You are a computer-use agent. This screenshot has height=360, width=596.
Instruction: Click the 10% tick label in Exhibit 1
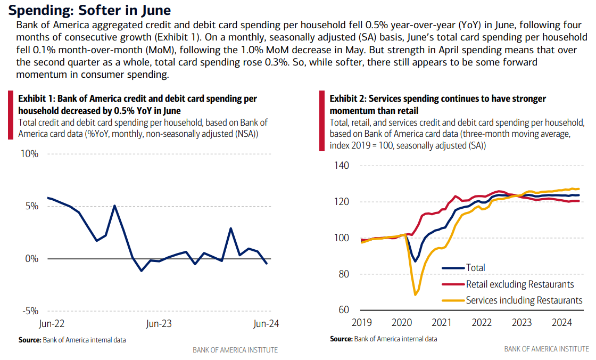pyautogui.click(x=30, y=154)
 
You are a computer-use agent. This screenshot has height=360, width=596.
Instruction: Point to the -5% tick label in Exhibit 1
pyautogui.click(x=29, y=311)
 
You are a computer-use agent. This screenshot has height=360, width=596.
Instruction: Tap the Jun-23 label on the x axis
pyautogui.click(x=159, y=323)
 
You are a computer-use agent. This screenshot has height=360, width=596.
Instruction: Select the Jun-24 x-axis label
pyautogui.click(x=266, y=323)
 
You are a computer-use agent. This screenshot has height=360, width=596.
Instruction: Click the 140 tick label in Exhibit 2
pyautogui.click(x=342, y=166)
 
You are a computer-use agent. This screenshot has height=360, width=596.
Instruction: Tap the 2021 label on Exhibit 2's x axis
pyautogui.click(x=442, y=322)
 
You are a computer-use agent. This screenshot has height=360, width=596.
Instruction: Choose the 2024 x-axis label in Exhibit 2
pyautogui.click(x=562, y=322)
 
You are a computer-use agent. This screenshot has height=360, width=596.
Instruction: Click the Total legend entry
pyautogui.click(x=475, y=268)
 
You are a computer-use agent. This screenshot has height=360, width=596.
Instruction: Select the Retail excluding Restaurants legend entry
pyautogui.click(x=520, y=284)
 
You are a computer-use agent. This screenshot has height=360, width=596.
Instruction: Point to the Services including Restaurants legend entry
pyautogui.click(x=524, y=300)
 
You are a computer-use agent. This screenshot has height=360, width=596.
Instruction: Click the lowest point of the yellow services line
pyautogui.click(x=415, y=294)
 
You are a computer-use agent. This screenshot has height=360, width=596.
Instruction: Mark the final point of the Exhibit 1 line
pyautogui.click(x=266, y=263)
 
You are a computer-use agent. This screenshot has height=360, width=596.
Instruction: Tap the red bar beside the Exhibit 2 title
pyautogui.click(x=321, y=120)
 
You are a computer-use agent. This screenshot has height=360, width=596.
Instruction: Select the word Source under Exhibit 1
pyautogui.click(x=29, y=339)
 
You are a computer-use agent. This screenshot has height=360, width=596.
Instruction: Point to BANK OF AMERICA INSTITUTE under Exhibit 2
pyautogui.click(x=547, y=349)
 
